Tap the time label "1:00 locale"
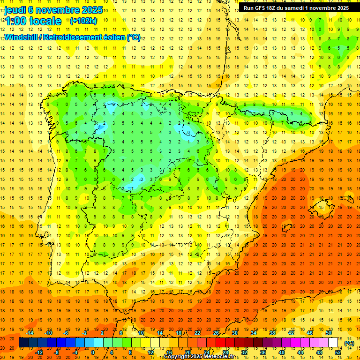point(33,21)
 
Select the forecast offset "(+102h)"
point(83,21)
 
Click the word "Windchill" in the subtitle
point(22,37)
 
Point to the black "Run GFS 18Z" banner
point(296,7)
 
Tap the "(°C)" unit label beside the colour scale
point(349,343)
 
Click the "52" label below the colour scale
point(338,352)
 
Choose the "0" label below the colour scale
point(93,352)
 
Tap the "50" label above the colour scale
point(329,333)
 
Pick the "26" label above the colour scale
point(216,333)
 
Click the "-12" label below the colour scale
point(39,352)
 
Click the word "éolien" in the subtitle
point(111,37)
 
